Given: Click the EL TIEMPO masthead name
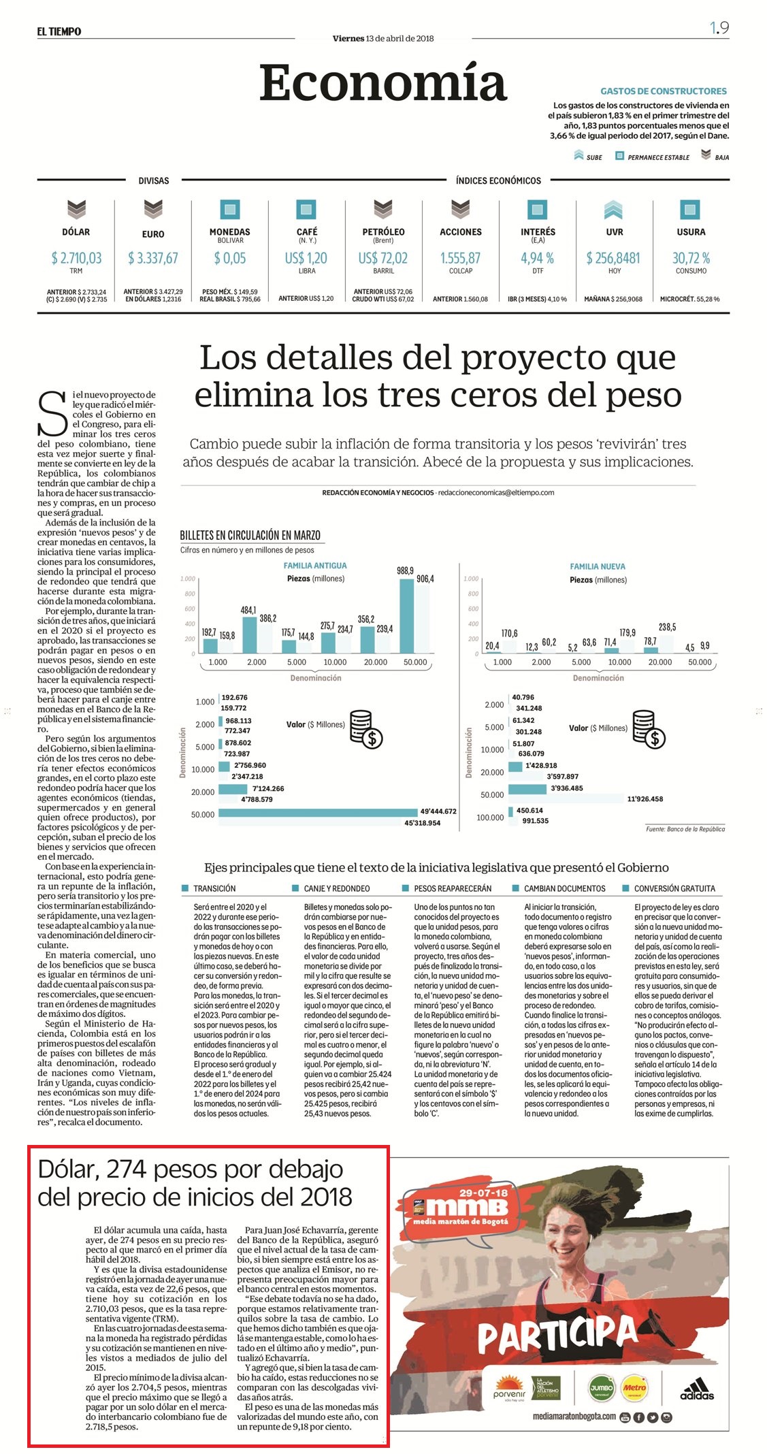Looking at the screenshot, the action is [59, 31].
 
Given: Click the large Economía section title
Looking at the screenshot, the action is [383, 83].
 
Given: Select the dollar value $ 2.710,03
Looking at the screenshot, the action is [76, 258].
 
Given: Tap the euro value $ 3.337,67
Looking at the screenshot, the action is [153, 258].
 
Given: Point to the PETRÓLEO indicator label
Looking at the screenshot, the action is [383, 232].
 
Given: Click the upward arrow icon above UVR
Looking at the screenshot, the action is [613, 209].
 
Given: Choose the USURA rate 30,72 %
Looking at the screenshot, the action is [691, 258].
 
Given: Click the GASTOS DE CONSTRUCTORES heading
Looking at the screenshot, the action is [664, 91].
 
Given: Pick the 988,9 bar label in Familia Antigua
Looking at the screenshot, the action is [406, 571].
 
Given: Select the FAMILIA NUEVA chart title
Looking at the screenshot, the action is [598, 566].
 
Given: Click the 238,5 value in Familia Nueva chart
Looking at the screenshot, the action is [668, 627].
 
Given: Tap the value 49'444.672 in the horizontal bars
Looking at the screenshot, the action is [439, 811].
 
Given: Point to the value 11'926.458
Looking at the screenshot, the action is [645, 798].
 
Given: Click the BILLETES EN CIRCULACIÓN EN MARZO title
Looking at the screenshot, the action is [250, 535].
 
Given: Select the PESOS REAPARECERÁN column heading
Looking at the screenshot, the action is [453, 888].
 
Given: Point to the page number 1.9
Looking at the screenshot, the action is [719, 28].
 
